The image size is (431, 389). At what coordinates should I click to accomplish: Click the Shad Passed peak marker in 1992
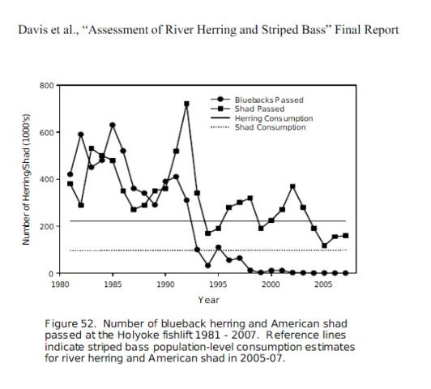186,104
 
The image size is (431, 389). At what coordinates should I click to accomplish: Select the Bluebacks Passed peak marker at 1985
113,125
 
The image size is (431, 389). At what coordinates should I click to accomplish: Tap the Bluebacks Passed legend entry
257,100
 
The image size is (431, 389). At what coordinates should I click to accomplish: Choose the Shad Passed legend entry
247,109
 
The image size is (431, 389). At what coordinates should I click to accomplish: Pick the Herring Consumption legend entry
262,118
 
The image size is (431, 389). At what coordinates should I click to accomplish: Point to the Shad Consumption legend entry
258,127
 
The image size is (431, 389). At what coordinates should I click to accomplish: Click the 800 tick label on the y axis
46,85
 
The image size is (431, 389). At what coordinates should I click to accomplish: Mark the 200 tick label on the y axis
46,227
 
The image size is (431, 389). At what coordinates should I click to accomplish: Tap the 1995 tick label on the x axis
218,284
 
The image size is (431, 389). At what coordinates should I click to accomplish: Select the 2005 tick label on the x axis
323,284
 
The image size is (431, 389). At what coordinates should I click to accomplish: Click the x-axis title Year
209,300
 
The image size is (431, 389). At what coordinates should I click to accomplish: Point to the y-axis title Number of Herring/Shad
26,180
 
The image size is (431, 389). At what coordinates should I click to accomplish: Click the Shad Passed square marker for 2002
292,186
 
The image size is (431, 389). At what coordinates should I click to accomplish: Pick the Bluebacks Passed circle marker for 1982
81,135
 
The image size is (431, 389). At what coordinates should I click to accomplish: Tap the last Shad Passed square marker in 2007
345,236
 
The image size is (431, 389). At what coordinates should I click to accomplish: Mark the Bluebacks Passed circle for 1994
207,266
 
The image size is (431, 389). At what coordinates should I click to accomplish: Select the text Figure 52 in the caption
70,323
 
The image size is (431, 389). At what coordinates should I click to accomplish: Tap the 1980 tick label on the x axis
60,284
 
